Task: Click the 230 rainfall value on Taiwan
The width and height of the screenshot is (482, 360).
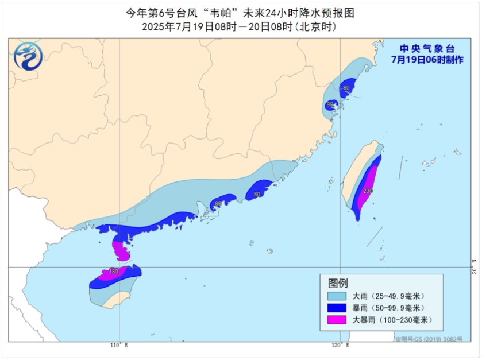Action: [x=368, y=191]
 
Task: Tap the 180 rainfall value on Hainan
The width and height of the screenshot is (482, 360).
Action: [x=114, y=272]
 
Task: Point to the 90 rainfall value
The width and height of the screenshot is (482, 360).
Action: [x=330, y=105]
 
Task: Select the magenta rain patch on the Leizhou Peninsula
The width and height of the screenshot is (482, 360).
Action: [x=121, y=250]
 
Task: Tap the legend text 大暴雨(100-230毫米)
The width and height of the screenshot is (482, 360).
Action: [x=391, y=320]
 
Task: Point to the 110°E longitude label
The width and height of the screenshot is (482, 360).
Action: [x=119, y=346]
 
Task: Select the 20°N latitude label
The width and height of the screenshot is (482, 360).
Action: [x=474, y=268]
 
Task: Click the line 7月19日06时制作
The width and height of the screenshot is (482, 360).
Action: [x=427, y=60]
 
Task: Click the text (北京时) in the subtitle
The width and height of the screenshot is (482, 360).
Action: [x=315, y=26]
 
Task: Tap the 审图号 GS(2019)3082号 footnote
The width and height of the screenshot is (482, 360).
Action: [x=428, y=339]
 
